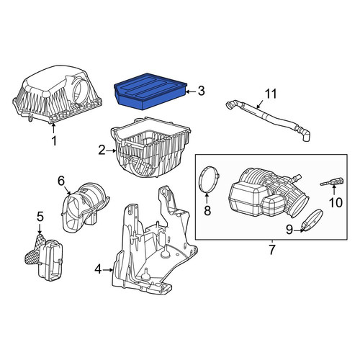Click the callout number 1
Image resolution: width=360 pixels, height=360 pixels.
[54, 140]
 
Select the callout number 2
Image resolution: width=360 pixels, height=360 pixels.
[102, 150]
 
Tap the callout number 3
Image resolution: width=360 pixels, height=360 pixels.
[201, 91]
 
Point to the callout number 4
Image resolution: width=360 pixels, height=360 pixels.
[98, 270]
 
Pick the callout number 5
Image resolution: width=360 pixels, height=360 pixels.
[40, 217]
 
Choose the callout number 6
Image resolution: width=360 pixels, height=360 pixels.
[61, 181]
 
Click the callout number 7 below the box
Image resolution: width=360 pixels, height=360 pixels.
[271, 250]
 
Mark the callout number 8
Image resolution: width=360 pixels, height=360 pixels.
[207, 210]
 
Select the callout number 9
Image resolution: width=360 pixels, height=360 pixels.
[289, 230]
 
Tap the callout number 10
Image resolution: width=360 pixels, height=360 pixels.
[336, 202]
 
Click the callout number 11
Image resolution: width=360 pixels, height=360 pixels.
[271, 94]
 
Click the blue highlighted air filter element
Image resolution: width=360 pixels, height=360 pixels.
[150, 91]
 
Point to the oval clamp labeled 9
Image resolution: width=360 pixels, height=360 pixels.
[312, 220]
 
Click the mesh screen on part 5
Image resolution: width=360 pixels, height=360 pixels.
[35, 250]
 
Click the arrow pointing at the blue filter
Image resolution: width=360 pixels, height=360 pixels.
[192, 91]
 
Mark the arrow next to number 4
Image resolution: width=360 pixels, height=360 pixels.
[108, 270]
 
